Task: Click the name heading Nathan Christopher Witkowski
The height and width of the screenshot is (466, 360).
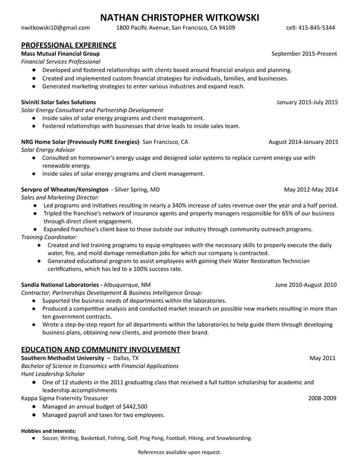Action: click(x=179, y=17)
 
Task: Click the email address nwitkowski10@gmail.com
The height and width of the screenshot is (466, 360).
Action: click(x=55, y=27)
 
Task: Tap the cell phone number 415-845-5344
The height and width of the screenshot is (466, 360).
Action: click(x=318, y=27)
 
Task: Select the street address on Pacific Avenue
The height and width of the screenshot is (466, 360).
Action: click(x=175, y=27)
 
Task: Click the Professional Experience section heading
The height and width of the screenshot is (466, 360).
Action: click(x=69, y=45)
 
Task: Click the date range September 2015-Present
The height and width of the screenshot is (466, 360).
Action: click(x=304, y=54)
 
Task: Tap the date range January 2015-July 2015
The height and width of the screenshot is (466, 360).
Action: click(x=307, y=102)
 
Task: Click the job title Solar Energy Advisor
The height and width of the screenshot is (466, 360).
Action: click(x=48, y=150)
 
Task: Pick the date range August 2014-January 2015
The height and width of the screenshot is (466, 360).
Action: click(x=303, y=142)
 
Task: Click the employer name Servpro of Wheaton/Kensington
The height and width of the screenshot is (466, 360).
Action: click(x=64, y=190)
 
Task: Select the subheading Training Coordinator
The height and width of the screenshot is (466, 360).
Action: click(x=49, y=238)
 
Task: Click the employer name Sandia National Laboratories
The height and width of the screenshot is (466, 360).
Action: click(x=61, y=285)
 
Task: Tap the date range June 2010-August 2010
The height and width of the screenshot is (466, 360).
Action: click(x=306, y=285)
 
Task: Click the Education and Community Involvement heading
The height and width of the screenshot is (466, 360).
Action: click(x=100, y=349)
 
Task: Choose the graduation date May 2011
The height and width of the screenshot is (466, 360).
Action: click(x=323, y=358)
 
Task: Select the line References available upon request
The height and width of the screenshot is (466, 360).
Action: click(x=179, y=452)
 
